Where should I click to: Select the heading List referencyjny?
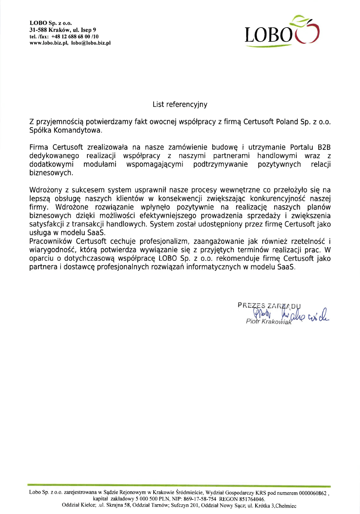(180, 105)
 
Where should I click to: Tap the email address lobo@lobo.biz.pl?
(91, 43)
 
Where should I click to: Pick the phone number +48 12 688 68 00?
(71, 37)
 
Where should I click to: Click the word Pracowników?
(50, 242)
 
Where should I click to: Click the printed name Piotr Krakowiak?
(269, 322)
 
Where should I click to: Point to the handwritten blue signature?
(294, 315)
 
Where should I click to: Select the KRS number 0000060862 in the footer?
(313, 493)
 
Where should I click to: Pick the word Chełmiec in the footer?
(286, 506)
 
